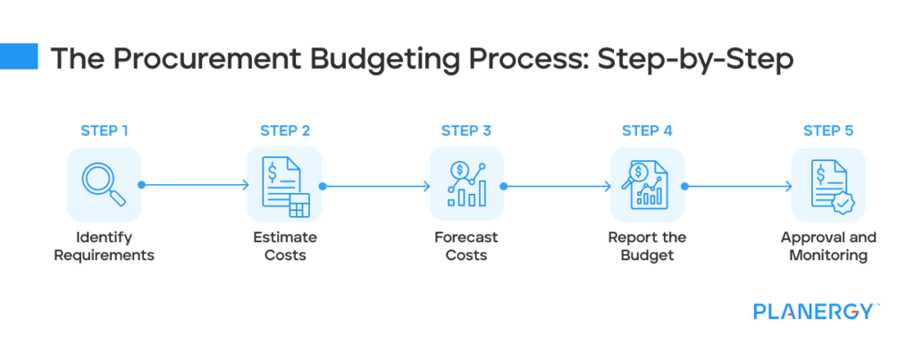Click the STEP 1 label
point(104,131)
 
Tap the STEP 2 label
point(285,131)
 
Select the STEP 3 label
point(466,131)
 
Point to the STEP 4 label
point(647,131)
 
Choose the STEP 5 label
point(828,131)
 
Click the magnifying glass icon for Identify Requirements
point(104,185)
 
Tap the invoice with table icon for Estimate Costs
point(285,185)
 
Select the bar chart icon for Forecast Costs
point(466,185)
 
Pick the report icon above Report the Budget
point(647,185)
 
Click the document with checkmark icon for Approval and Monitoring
point(828,185)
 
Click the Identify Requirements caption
point(104,247)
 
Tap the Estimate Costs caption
point(285,247)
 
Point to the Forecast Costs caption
point(466,247)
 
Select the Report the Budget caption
point(647,247)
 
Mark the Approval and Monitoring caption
point(828,247)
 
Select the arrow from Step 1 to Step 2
point(195,186)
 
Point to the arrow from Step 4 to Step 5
point(738,186)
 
